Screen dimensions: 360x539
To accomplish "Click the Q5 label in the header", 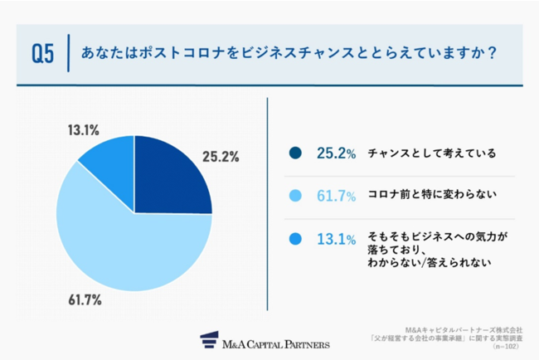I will click(x=43, y=55).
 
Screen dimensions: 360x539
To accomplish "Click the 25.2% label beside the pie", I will click(x=223, y=155).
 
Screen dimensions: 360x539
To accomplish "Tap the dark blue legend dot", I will click(x=295, y=153).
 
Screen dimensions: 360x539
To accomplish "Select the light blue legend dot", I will click(x=295, y=196).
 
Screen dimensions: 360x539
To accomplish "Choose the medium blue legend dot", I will click(x=295, y=239).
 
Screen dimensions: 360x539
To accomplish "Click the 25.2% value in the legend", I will click(x=336, y=153).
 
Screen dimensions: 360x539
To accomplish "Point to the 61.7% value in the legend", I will click(x=336, y=196).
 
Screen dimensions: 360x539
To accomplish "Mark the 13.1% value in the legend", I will click(x=336, y=239).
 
